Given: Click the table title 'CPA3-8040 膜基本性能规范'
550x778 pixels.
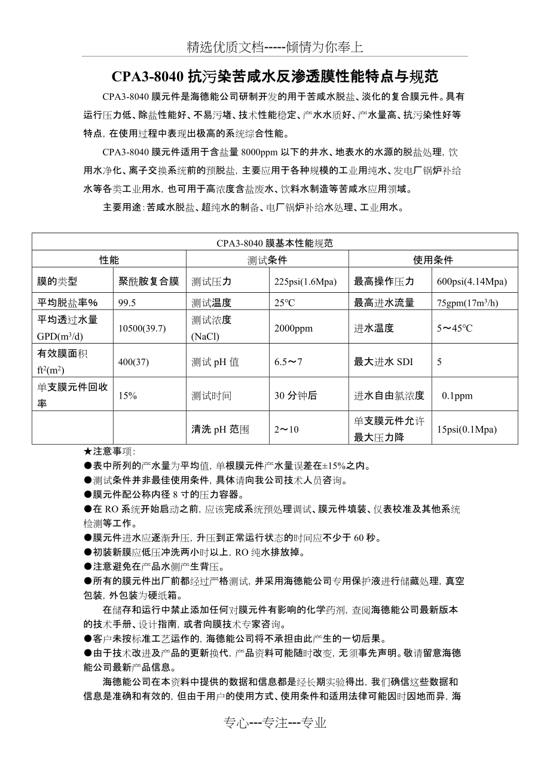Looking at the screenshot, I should (x=274, y=243).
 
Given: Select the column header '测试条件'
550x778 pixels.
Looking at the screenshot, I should (x=267, y=260).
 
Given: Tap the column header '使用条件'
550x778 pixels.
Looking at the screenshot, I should (x=433, y=260).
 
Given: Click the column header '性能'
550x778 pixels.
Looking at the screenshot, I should (x=109, y=260).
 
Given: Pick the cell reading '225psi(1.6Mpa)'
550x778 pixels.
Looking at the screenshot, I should (x=305, y=281).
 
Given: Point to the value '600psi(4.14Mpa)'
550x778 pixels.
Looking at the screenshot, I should (x=472, y=281).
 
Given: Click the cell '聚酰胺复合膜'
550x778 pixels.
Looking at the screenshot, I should (x=149, y=281).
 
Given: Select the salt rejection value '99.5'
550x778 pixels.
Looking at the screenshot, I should (x=127, y=303).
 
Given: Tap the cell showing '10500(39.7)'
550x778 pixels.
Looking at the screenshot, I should (x=142, y=328).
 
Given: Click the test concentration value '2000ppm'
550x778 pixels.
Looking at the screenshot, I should (x=293, y=328).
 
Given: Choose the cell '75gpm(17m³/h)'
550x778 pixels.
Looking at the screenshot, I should (x=467, y=303).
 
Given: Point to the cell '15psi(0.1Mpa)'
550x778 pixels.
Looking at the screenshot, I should (x=467, y=429).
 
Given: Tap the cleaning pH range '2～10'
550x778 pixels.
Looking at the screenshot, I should (x=286, y=429).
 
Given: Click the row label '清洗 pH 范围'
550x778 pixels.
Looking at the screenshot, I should (x=219, y=429).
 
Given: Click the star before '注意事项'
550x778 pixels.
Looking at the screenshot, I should (x=88, y=452).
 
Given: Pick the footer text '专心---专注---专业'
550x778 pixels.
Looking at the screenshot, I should (x=275, y=723).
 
